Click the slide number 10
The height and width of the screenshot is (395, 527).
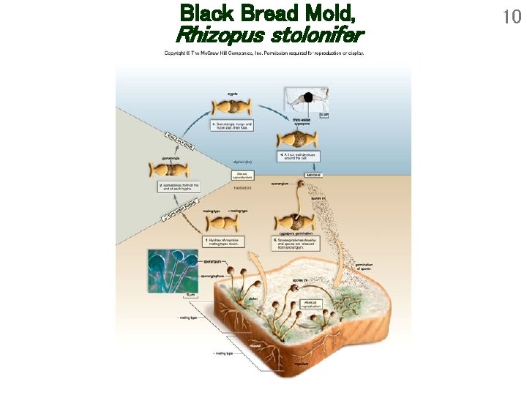point(512,16)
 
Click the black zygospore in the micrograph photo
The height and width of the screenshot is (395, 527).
point(309,97)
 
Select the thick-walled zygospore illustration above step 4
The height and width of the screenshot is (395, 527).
point(296,140)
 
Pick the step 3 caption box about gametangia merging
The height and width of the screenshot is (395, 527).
point(231,127)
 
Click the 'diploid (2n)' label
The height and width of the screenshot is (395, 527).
point(244,162)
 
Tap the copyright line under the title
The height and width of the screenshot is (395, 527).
point(263,53)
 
